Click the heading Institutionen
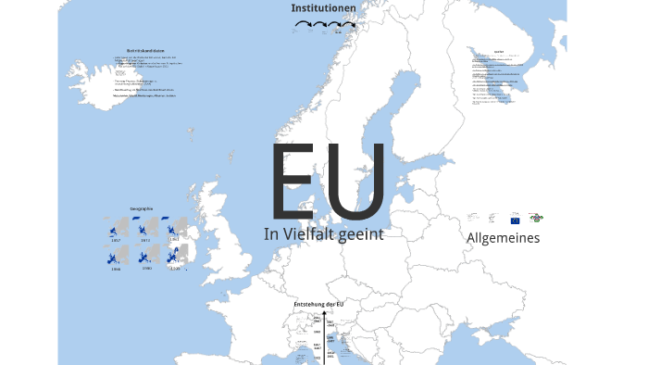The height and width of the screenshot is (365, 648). pyautogui.click(x=323, y=8)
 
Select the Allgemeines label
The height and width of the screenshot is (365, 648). pyautogui.click(x=503, y=238)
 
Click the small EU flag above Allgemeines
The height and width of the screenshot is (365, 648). pyautogui.click(x=515, y=220)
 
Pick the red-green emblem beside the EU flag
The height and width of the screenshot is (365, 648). pyautogui.click(x=536, y=219)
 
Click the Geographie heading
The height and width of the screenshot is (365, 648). pyautogui.click(x=142, y=209)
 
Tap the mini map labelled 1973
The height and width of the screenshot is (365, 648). pyautogui.click(x=146, y=227)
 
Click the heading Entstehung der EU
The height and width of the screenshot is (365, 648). pyautogui.click(x=318, y=305)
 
